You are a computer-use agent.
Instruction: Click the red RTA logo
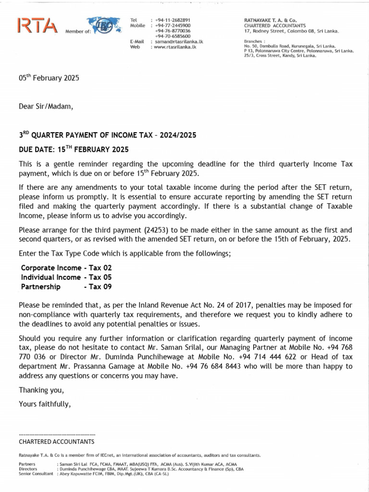(37, 26)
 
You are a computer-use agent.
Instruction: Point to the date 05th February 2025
(49, 78)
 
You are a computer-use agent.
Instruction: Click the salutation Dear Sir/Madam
(46, 106)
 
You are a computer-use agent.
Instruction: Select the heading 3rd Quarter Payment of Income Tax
(107, 135)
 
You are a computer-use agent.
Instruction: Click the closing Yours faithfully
(45, 404)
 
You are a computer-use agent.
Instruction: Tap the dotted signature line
(57, 434)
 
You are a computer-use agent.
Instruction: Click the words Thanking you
(41, 390)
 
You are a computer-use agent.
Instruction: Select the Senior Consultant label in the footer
(37, 473)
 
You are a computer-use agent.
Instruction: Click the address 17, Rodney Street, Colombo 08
(291, 31)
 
